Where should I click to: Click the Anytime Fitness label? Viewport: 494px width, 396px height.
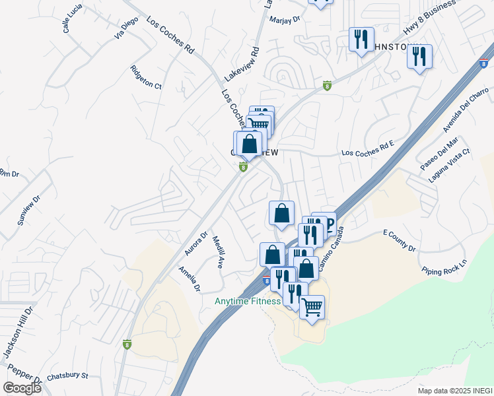pyautogui.click(x=248, y=302)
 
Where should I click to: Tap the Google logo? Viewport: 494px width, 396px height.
pyautogui.click(x=22, y=388)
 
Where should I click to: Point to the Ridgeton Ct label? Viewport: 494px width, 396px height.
pyautogui.click(x=146, y=77)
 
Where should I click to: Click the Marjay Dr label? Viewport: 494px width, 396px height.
pyautogui.click(x=285, y=20)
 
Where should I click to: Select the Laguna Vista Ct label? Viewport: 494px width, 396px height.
pyautogui.click(x=448, y=166)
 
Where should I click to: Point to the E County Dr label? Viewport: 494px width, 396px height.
pyautogui.click(x=400, y=242)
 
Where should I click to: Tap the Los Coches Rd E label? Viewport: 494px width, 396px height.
pyautogui.click(x=367, y=152)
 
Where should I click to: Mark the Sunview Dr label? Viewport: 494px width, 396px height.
pyautogui.click(x=29, y=211)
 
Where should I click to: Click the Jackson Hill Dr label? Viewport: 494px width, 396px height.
pyautogui.click(x=18, y=333)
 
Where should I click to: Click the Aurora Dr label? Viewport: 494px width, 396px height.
pyautogui.click(x=195, y=244)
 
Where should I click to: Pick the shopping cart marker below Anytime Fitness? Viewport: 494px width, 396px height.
pyautogui.click(x=312, y=306)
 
